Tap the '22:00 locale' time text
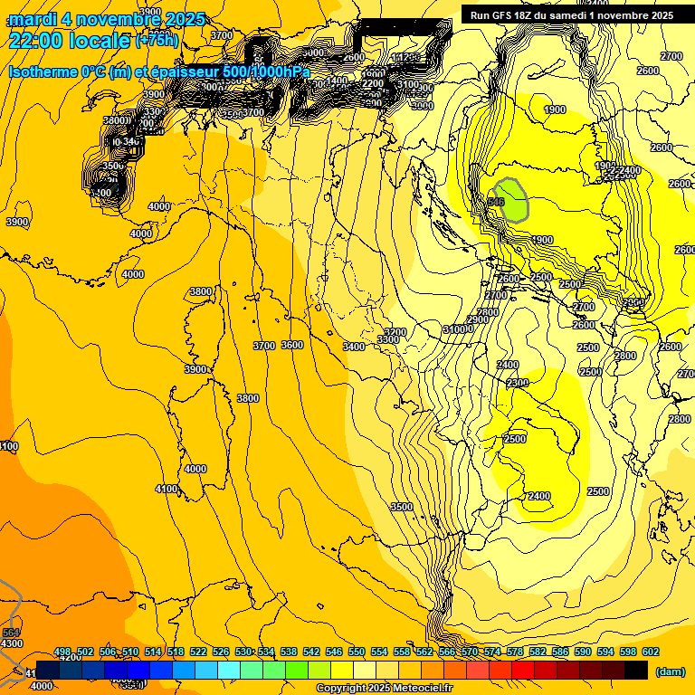coord(71,40)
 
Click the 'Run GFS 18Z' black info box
coord(571,14)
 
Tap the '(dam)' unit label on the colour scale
coord(671,671)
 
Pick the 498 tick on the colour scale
coord(62,652)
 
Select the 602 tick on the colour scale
coord(651,652)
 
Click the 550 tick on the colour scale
coord(357,652)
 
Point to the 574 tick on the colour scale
coord(492,652)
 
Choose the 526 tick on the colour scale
coord(221,652)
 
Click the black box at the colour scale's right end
coord(636,670)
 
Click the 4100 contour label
coord(167,489)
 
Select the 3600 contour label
coord(291,345)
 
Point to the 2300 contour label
coord(518,383)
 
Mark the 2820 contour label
coord(678,420)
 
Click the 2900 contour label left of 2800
coord(478,319)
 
